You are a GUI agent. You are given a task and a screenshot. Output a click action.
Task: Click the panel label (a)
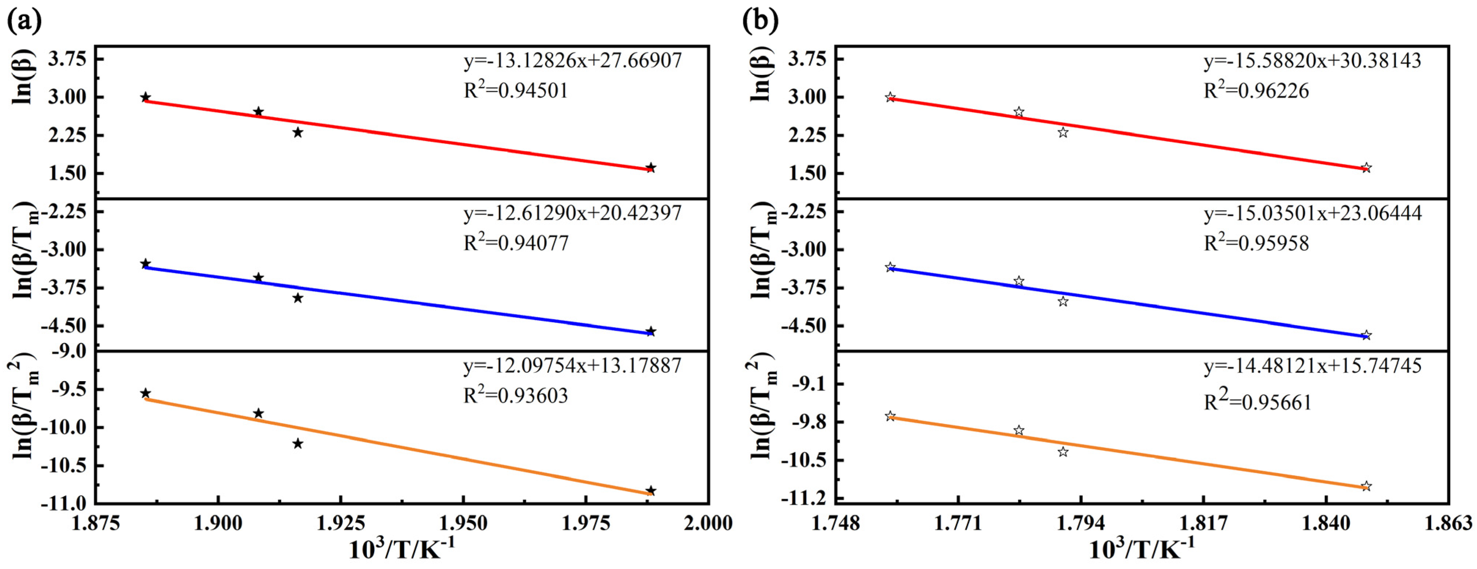click(x=24, y=21)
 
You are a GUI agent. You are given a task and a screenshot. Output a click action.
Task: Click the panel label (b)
click(x=760, y=21)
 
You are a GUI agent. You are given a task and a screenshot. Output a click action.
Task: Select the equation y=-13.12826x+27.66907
click(x=572, y=60)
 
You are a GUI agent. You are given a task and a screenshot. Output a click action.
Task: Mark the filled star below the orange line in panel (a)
click(x=298, y=443)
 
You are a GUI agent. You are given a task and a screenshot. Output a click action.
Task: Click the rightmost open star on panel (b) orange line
click(x=1366, y=486)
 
